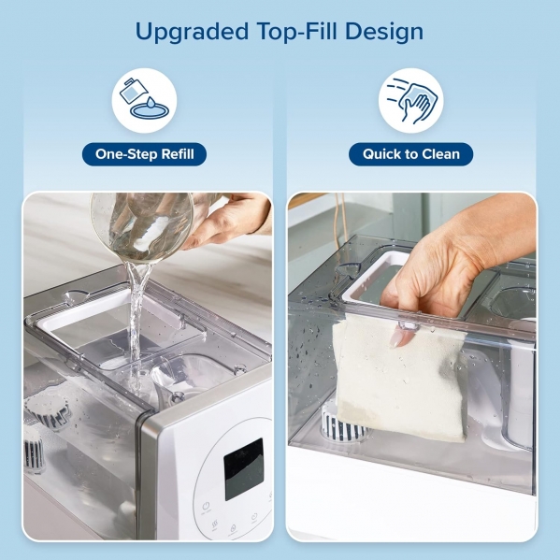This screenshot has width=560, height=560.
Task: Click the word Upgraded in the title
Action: (x=192, y=32)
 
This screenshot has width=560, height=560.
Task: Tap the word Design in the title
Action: (x=384, y=32)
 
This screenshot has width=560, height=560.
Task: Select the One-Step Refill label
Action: (x=144, y=154)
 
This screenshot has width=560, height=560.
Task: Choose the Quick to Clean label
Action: (x=411, y=154)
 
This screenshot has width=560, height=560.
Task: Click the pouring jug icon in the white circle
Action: (x=144, y=99)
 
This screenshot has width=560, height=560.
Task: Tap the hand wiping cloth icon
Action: (x=411, y=100)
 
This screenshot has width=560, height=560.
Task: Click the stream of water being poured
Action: (x=136, y=322)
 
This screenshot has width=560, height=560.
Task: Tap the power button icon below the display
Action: (x=206, y=507)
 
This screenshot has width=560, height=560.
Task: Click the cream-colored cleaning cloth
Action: (x=399, y=379)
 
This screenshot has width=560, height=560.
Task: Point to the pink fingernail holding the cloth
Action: (x=397, y=337)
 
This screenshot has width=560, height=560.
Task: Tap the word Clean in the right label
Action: (x=441, y=154)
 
